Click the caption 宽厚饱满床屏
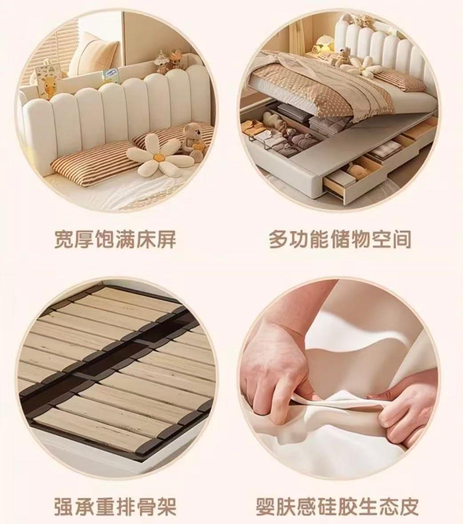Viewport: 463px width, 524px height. coord(115,239)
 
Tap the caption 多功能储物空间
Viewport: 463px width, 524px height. coord(340,239)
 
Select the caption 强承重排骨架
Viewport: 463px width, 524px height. coord(115,506)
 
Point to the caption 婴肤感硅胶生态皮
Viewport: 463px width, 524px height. coord(337,506)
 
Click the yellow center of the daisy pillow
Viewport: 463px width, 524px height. coord(158,156)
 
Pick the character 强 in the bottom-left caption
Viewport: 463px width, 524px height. coord(64,506)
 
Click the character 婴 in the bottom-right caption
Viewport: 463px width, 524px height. coord(266,506)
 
